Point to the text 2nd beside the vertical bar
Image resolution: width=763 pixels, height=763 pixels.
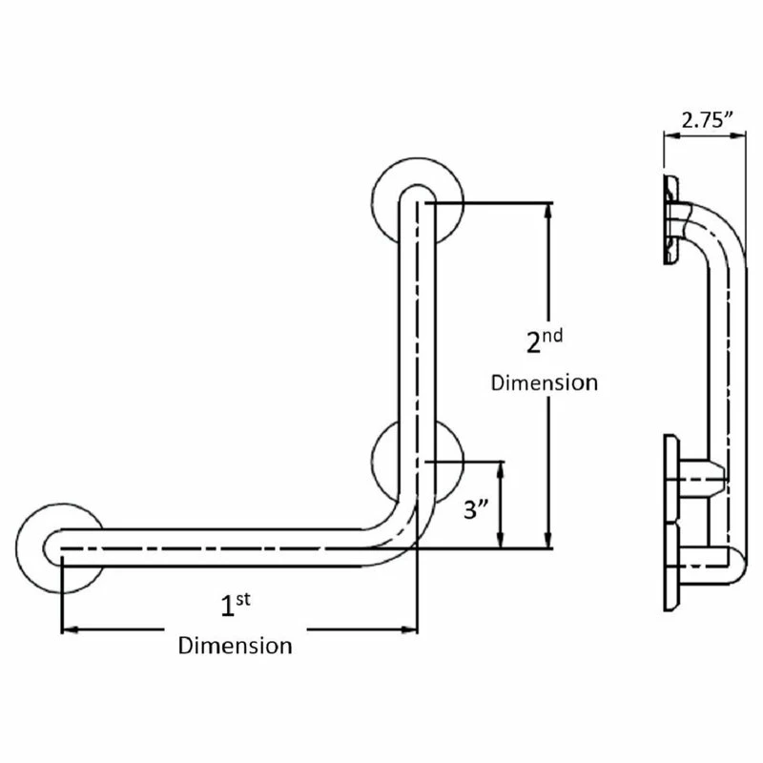(546, 340)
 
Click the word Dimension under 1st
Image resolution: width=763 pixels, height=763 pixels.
(236, 645)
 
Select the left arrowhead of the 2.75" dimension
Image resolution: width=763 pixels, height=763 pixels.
(670, 135)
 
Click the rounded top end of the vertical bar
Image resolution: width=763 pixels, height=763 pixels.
(418, 194)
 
